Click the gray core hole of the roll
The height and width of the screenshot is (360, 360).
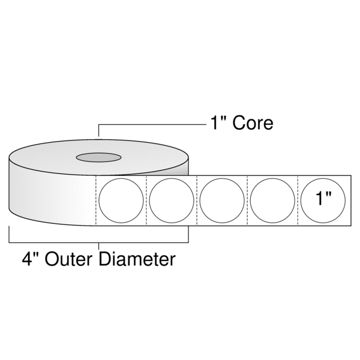point(98,158)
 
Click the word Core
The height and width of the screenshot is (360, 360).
point(251,124)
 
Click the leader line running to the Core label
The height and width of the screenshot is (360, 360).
point(150,124)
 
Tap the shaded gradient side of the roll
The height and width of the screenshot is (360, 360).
point(48,192)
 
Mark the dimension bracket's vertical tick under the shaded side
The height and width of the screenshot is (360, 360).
point(9,234)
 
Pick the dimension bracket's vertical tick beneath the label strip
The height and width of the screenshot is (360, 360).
point(188,234)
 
